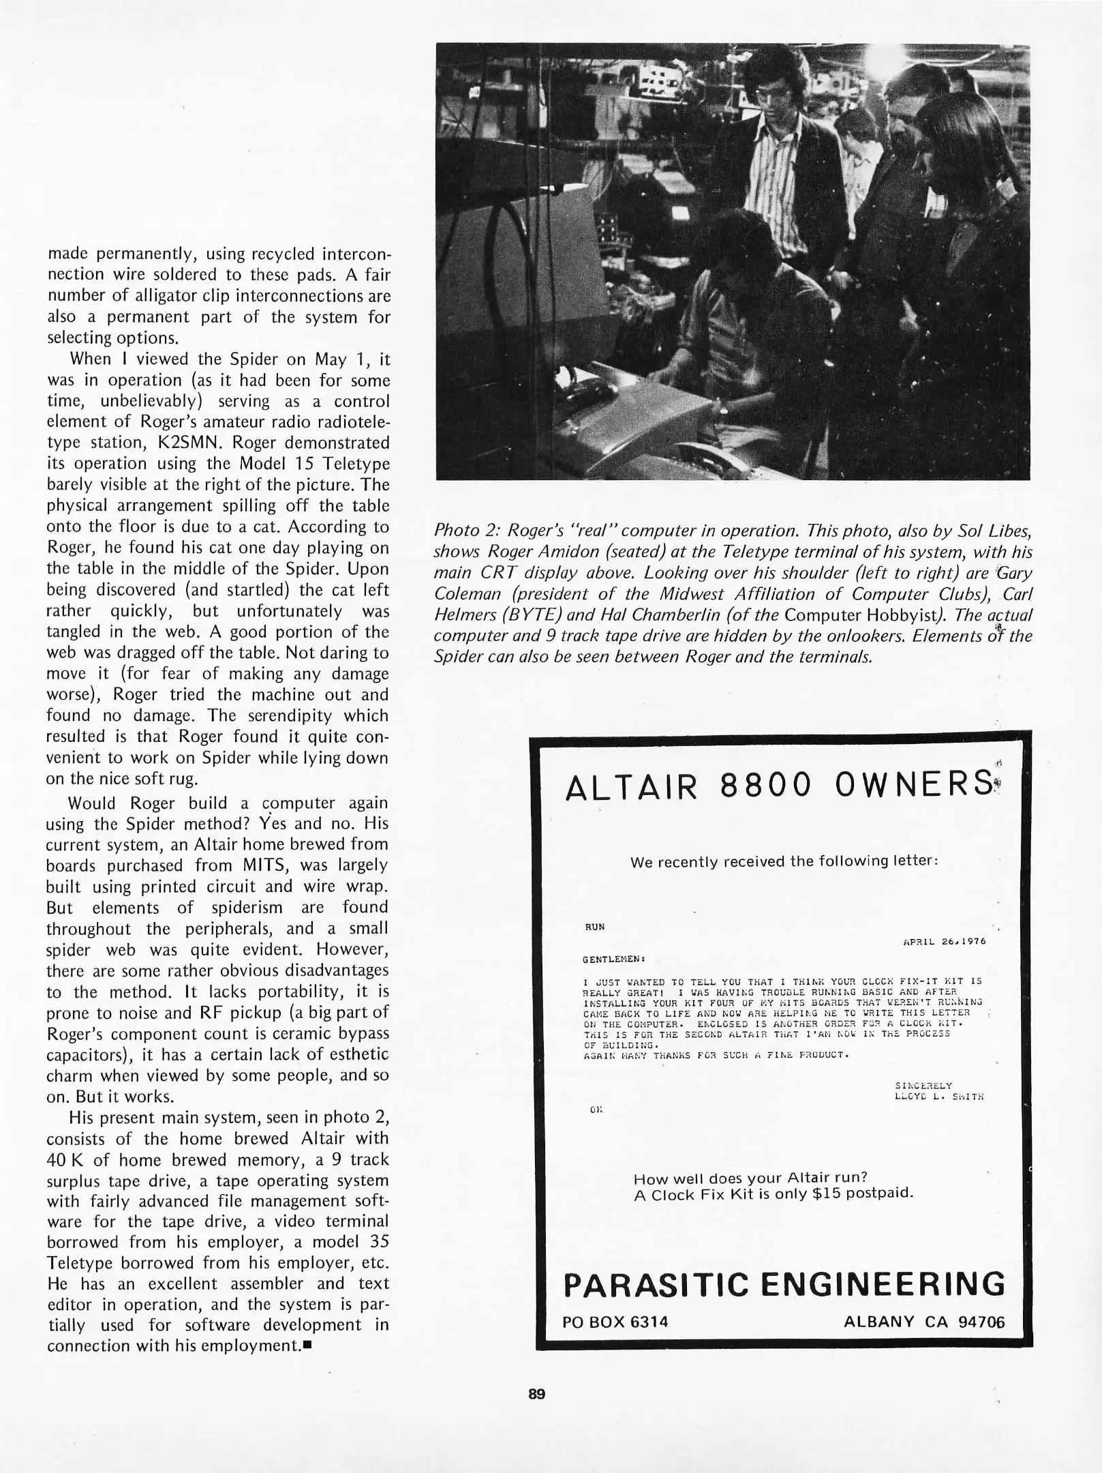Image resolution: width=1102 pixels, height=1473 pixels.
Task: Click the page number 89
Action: [536, 1394]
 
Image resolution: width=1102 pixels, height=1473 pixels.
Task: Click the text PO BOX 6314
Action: [615, 1322]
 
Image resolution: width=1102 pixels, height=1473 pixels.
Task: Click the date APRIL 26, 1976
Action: [945, 942]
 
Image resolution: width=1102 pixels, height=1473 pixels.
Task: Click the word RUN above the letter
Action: [594, 927]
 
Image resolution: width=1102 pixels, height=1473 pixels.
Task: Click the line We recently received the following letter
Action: [784, 861]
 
